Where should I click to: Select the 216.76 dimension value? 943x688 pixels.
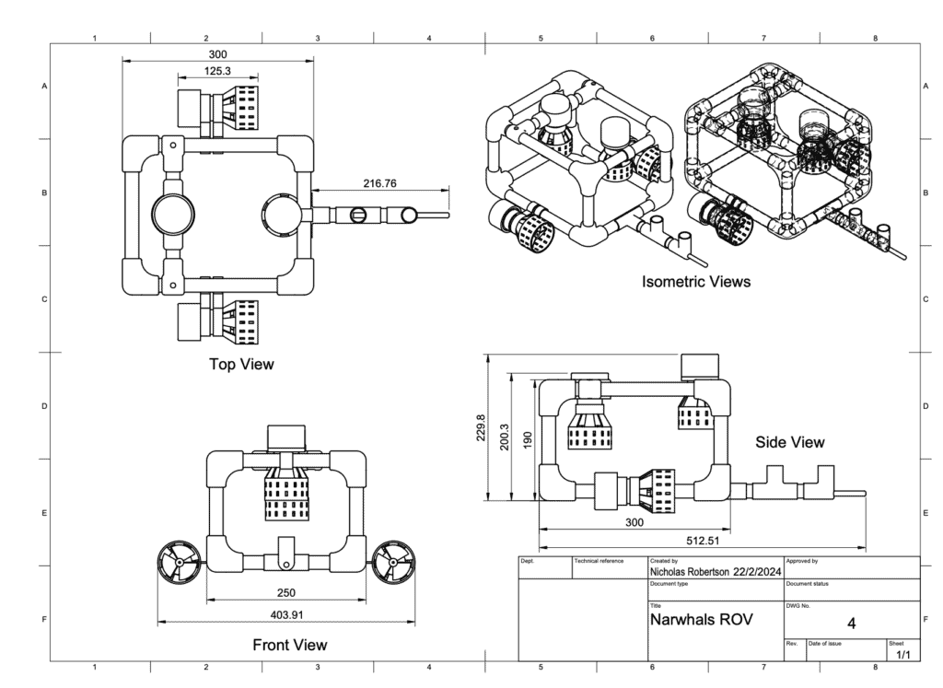pos(379,184)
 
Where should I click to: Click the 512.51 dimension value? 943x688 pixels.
pos(701,540)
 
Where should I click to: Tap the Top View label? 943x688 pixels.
pos(241,364)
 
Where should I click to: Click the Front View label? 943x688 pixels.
pos(289,645)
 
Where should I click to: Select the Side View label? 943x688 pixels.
pos(789,442)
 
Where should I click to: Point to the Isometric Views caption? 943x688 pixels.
pos(695,282)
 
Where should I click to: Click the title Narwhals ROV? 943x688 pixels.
pos(702,619)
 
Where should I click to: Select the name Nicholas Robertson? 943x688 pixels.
pos(690,572)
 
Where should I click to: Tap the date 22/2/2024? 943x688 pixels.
pos(756,572)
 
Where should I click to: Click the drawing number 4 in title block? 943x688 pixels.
pos(851,624)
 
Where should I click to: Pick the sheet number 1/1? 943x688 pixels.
pos(902,655)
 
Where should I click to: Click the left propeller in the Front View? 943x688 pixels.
pos(179,561)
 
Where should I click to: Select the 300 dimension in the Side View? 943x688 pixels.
pos(634,522)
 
